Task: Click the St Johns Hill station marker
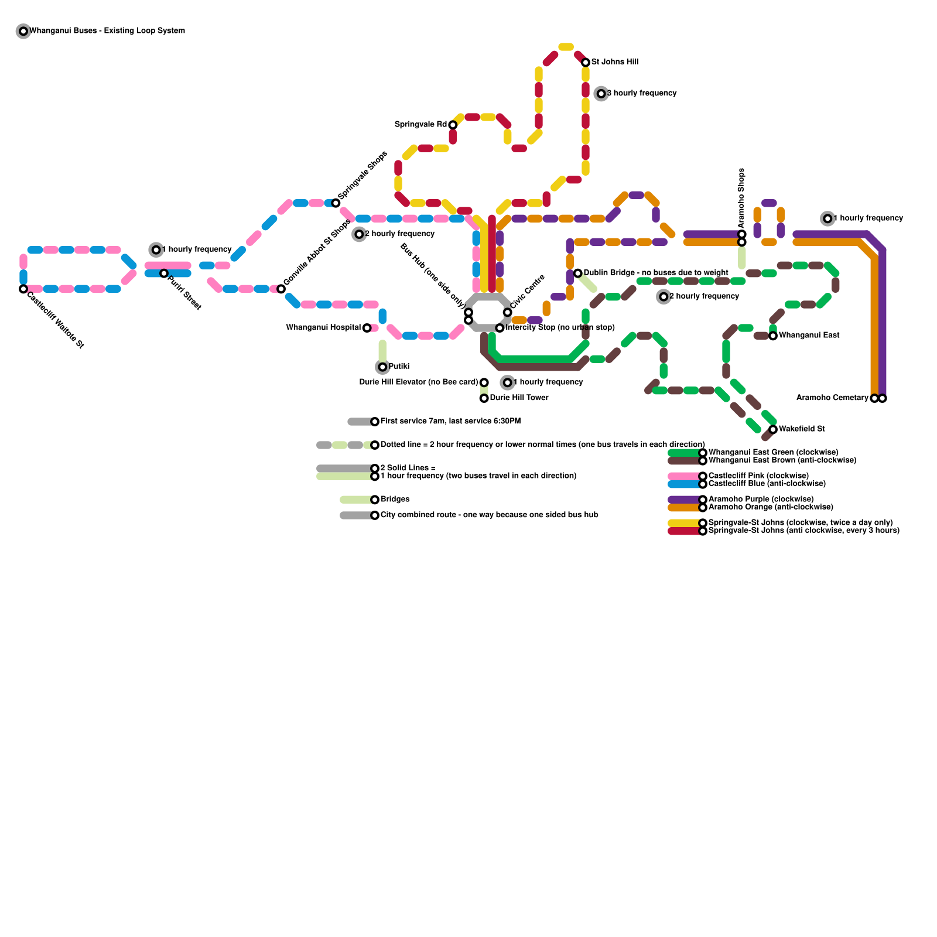[x=586, y=62]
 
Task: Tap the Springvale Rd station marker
[x=453, y=125]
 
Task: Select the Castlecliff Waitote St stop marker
[x=23, y=289]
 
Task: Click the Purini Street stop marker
[x=164, y=273]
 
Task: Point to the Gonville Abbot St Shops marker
[x=281, y=289]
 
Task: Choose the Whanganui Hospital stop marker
[x=367, y=328]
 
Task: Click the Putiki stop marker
[x=382, y=367]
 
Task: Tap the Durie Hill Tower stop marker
[x=484, y=398]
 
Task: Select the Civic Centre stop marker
[x=507, y=312]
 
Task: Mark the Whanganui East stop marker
[x=773, y=336]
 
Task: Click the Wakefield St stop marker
[x=773, y=429]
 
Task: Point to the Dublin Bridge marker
[x=578, y=273]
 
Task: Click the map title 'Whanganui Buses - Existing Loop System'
[x=107, y=31]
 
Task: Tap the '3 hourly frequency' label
[x=642, y=93]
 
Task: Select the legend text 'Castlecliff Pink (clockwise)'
[x=758, y=476]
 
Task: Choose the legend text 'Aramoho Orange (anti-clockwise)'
[x=771, y=507]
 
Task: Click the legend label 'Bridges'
[x=395, y=500]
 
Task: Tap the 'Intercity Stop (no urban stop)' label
[x=560, y=327]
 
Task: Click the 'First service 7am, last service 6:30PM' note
[x=450, y=421]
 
